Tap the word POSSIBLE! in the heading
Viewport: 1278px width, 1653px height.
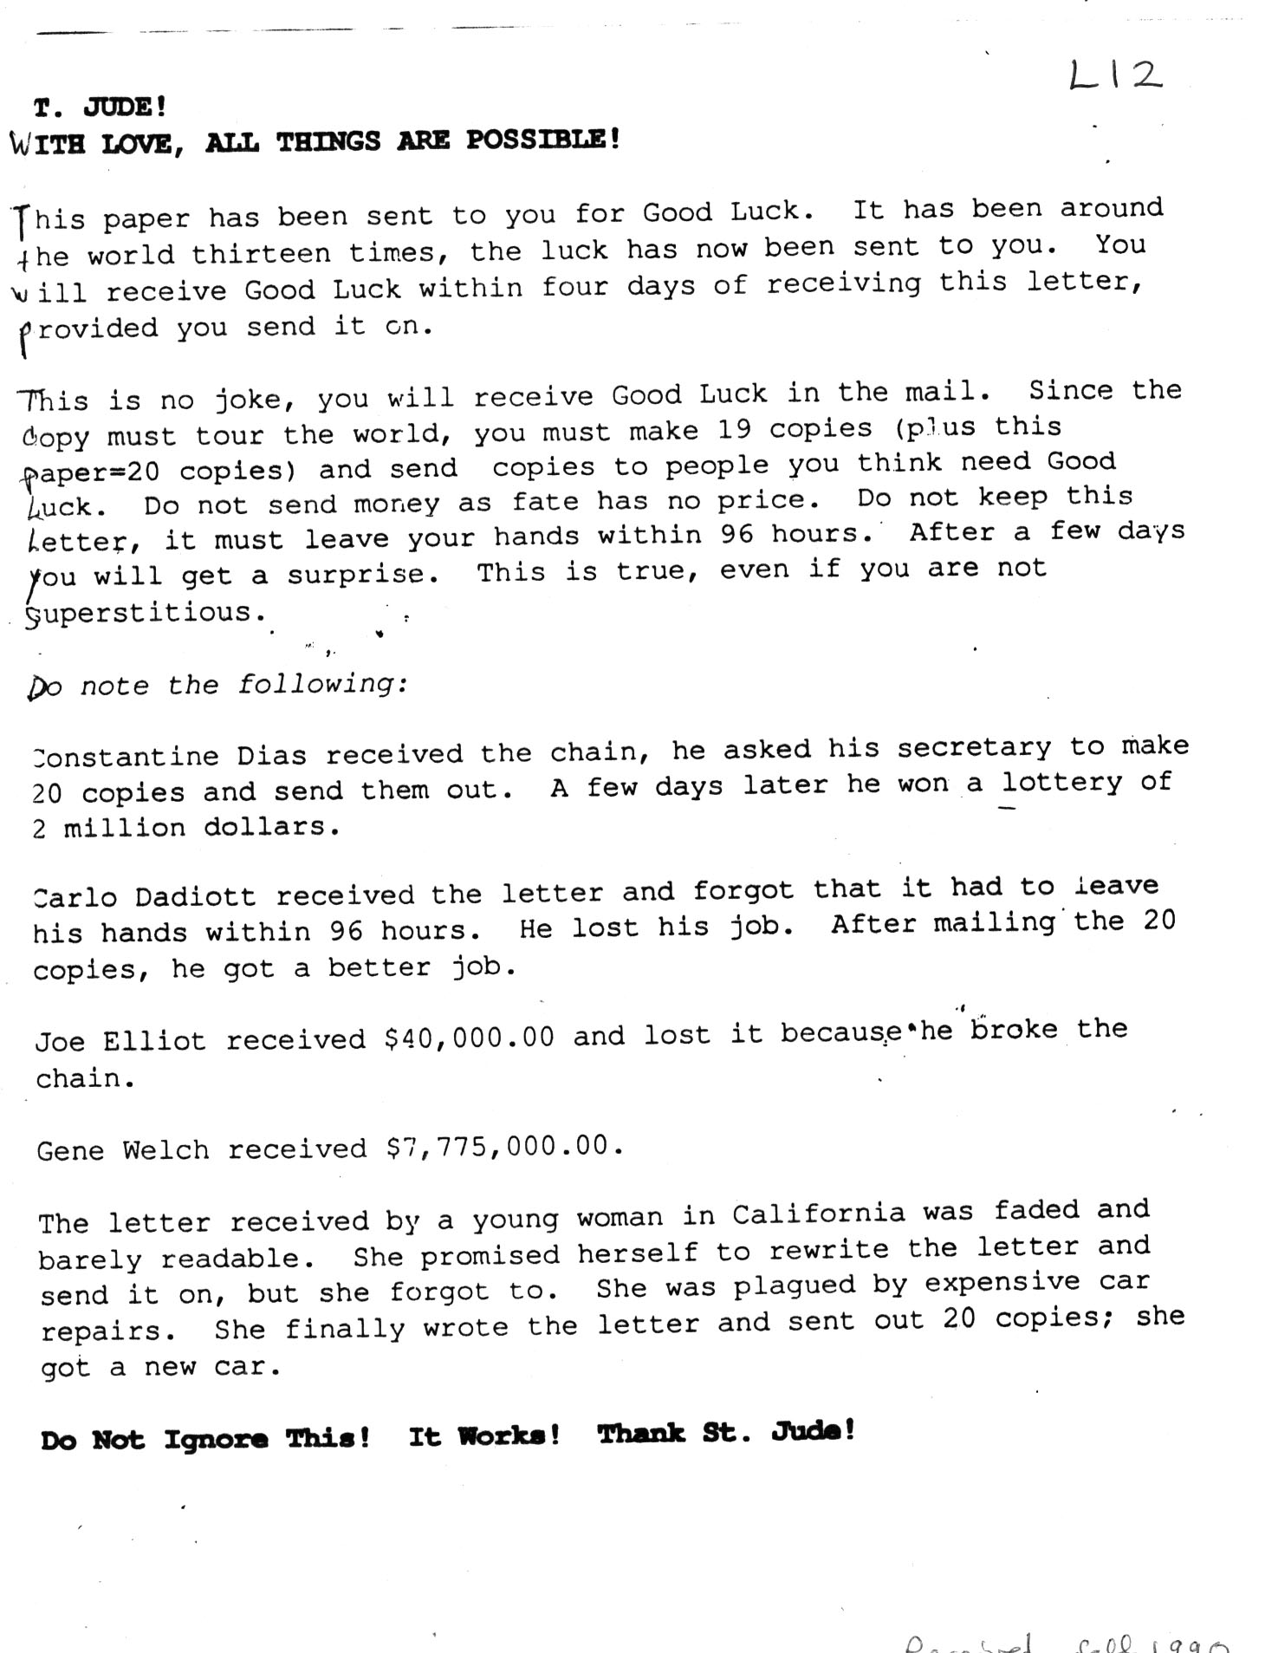(543, 140)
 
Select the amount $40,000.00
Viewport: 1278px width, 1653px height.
(469, 1038)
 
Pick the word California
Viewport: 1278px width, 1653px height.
(818, 1214)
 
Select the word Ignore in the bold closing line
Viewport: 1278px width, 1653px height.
(216, 1439)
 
